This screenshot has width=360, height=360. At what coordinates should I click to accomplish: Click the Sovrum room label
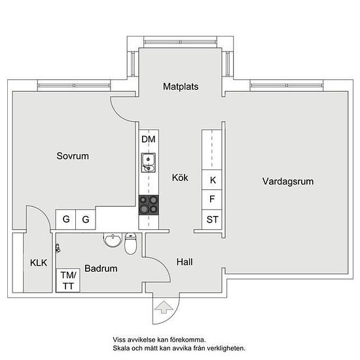[73, 156]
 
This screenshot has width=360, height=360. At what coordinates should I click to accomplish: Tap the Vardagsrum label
[288, 181]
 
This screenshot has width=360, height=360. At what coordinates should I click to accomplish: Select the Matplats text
[181, 86]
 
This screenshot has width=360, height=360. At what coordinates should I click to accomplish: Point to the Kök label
[180, 177]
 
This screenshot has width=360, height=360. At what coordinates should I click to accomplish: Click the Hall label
[185, 262]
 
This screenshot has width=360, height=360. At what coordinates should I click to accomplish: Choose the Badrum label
[101, 268]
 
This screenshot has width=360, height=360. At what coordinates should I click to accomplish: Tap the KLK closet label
[39, 263]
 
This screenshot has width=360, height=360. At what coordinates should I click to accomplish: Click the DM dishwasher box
[149, 139]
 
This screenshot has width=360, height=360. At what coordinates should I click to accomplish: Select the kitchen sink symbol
[149, 163]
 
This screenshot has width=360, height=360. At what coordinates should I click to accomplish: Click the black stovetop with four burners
[149, 205]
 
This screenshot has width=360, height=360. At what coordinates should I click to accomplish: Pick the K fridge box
[211, 180]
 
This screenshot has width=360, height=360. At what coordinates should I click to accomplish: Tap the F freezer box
[211, 200]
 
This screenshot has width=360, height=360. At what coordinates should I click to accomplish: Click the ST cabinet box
[211, 219]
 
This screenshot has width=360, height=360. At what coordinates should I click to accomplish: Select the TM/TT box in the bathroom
[68, 280]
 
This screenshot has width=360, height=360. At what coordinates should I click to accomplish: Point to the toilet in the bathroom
[131, 243]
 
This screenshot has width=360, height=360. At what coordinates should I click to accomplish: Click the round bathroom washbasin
[113, 240]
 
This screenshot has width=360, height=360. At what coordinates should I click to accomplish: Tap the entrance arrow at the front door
[164, 307]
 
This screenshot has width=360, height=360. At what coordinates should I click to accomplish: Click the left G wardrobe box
[65, 219]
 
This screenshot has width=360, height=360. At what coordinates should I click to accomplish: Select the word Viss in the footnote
[118, 340]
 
